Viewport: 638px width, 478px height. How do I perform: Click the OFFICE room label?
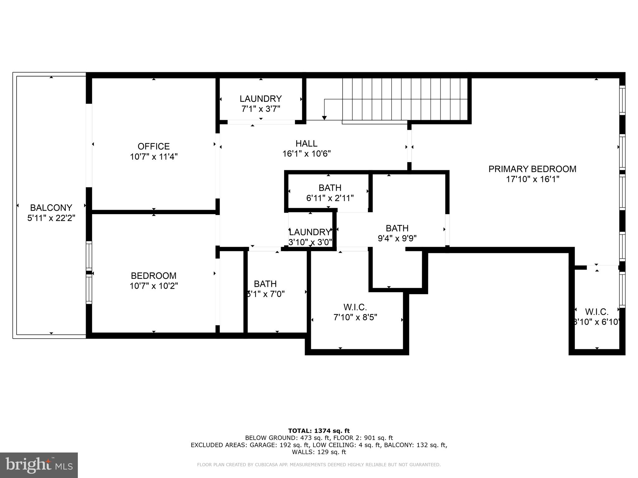154,146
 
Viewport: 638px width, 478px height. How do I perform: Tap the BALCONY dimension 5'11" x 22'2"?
51,218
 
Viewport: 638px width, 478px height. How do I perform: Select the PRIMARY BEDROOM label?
532,169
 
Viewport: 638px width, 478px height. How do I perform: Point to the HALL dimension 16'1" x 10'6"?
307,154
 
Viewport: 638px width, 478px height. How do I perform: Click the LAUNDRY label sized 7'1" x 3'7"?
260,99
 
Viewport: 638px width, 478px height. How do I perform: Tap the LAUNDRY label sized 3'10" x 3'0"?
310,232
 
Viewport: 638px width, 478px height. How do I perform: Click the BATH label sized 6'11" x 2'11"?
330,188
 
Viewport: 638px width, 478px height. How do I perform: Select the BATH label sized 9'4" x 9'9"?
397,228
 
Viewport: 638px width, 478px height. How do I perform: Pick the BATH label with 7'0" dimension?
265,284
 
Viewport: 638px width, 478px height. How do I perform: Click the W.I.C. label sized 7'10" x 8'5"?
355,307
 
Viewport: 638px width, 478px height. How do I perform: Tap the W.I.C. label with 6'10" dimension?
597,312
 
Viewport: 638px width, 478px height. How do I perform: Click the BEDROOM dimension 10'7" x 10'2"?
154,286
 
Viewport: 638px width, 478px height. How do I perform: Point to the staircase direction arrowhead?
324,118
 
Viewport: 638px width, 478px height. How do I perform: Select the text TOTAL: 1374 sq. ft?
319,431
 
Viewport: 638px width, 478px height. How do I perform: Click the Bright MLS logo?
39,465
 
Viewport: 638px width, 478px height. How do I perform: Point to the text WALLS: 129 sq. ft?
319,452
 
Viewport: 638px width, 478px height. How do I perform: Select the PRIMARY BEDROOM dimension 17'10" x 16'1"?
532,179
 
